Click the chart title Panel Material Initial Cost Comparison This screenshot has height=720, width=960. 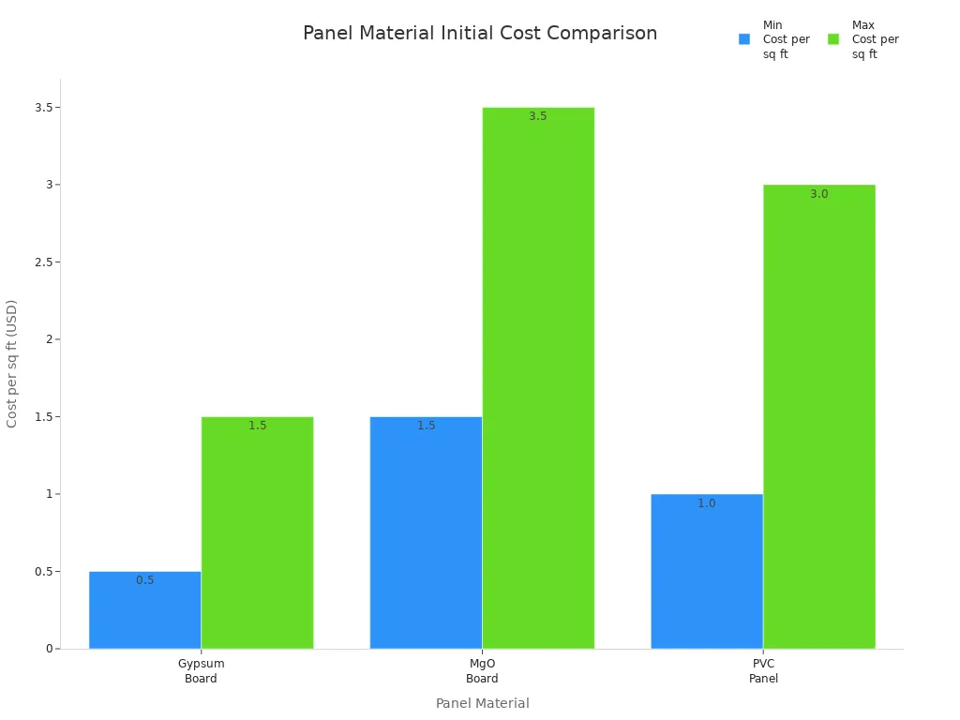tap(480, 34)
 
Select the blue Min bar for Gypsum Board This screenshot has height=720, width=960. tap(145, 610)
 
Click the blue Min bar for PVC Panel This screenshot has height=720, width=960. tap(707, 571)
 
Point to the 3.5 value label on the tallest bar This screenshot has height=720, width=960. tap(538, 116)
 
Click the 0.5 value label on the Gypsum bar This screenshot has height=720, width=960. tap(145, 580)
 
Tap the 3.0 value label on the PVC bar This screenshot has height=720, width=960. tap(818, 194)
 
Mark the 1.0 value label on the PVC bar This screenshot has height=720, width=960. tap(707, 503)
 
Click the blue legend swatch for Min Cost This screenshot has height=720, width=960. tap(744, 39)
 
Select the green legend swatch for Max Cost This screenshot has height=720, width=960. tap(833, 39)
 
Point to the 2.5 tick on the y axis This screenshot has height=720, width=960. tap(44, 262)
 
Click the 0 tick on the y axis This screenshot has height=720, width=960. tap(50, 649)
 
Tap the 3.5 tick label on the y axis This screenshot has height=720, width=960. tap(44, 108)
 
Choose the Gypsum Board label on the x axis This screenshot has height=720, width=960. tap(201, 671)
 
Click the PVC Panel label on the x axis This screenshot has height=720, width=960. tap(763, 671)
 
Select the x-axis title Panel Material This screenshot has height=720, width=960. tap(482, 703)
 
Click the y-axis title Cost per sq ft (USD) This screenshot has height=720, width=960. tap(12, 364)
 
